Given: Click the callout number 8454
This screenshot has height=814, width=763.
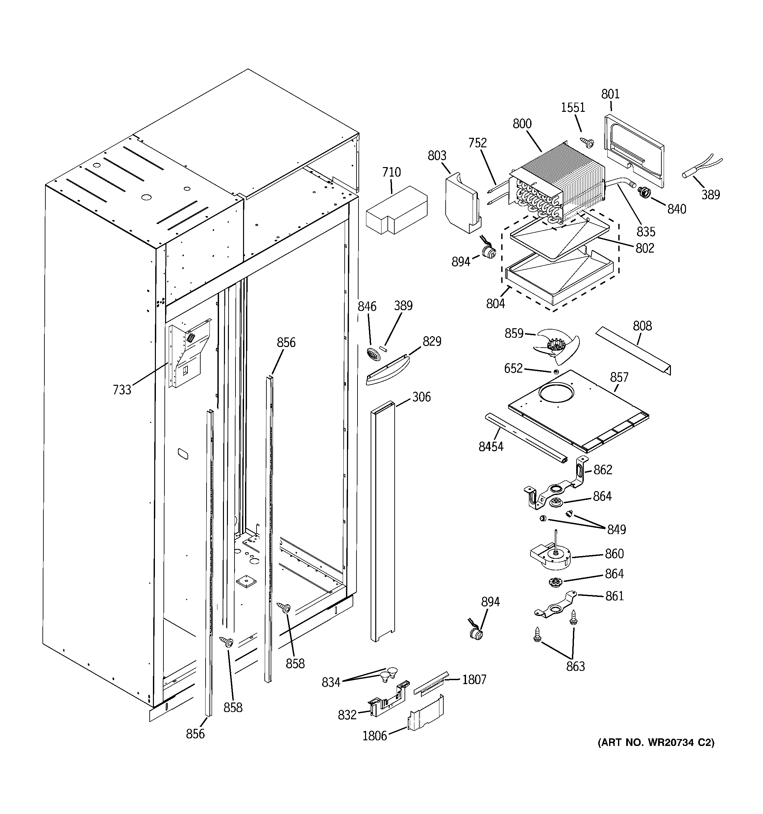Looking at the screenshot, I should tap(491, 447).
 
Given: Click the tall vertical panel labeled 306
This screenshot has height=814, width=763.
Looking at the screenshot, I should tap(382, 520).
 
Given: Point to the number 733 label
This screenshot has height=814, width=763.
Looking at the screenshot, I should tap(122, 389).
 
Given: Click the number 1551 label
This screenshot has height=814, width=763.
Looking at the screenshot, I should tap(573, 108).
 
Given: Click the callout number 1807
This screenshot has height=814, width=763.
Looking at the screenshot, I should tap(474, 680).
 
